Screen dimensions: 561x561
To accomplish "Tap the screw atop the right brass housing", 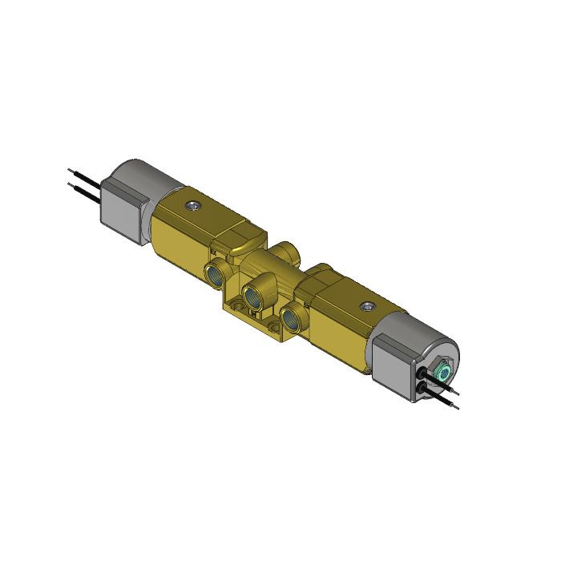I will [368, 306].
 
